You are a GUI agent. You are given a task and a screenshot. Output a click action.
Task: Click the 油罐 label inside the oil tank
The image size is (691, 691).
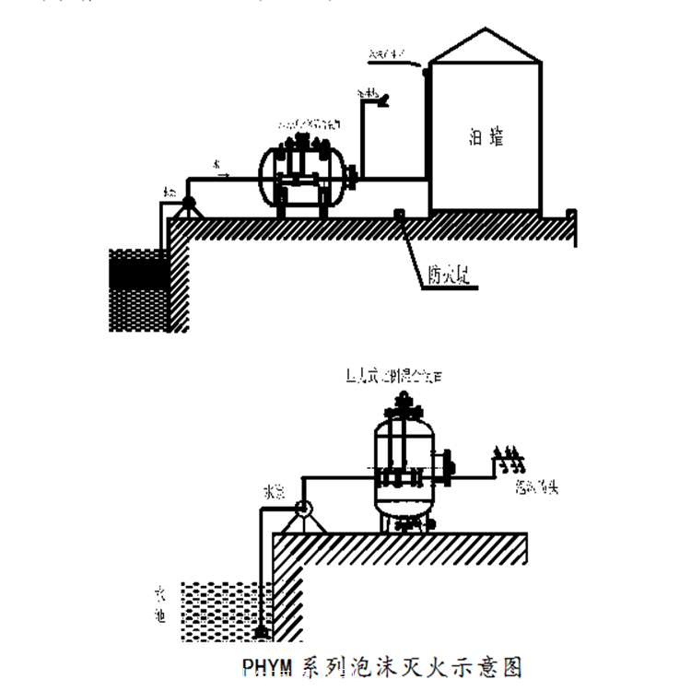coord(485,138)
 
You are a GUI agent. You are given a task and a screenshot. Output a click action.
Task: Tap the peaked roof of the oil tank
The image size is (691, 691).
coord(485,46)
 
